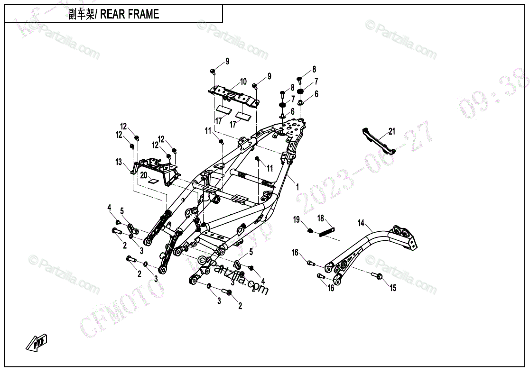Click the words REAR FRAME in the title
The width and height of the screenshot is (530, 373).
(x=130, y=14)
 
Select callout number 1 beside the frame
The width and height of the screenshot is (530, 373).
(x=298, y=187)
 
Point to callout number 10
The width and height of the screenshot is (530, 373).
(x=243, y=82)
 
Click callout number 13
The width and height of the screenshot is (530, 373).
(x=119, y=162)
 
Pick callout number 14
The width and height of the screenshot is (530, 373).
(x=361, y=222)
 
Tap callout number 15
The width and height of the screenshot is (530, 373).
(x=393, y=288)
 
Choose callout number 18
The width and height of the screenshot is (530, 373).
(x=321, y=218)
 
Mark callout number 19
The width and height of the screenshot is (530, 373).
(x=297, y=219)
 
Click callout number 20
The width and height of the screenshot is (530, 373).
(x=144, y=175)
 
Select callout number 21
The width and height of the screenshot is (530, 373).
(x=391, y=131)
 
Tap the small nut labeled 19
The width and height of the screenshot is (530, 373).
(x=310, y=231)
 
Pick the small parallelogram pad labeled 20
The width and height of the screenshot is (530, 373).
(x=153, y=181)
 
